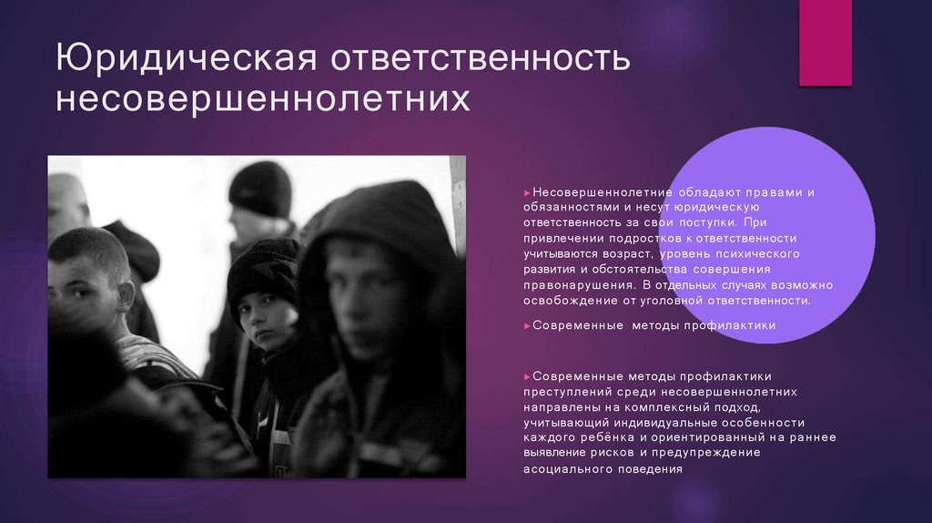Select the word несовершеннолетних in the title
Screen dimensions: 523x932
[264, 99]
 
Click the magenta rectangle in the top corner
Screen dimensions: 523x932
[825, 43]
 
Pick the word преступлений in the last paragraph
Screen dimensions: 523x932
[565, 392]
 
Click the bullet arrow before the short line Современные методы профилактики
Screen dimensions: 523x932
[527, 325]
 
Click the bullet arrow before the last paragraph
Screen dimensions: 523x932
[527, 376]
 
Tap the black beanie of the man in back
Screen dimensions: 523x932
[260, 187]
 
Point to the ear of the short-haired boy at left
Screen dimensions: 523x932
[125, 295]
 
